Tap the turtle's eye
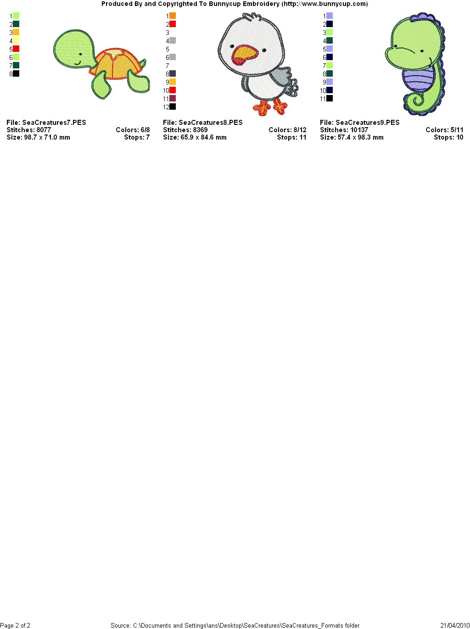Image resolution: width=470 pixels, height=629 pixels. pyautogui.click(x=80, y=54)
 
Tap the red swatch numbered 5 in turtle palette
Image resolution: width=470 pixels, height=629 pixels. pyautogui.click(x=16, y=49)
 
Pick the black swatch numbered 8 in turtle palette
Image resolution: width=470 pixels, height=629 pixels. pyautogui.click(x=16, y=73)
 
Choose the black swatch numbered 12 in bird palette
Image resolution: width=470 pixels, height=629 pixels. pyautogui.click(x=173, y=107)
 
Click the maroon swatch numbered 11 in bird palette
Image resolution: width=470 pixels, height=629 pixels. pyautogui.click(x=173, y=99)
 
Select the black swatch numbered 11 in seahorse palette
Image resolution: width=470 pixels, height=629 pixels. pyautogui.click(x=330, y=99)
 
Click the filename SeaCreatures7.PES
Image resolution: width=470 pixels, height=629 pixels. pyautogui.click(x=54, y=123)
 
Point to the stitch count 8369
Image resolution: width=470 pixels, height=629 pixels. pyautogui.click(x=200, y=130)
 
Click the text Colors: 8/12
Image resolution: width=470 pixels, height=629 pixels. pyautogui.click(x=288, y=130)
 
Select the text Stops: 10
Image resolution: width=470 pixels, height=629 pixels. pyautogui.click(x=448, y=137)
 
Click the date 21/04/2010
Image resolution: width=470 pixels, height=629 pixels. pyautogui.click(x=455, y=625)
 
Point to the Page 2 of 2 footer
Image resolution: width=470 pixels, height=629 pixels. pyautogui.click(x=15, y=625)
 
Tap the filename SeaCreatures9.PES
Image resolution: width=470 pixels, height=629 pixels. pyautogui.click(x=368, y=123)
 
